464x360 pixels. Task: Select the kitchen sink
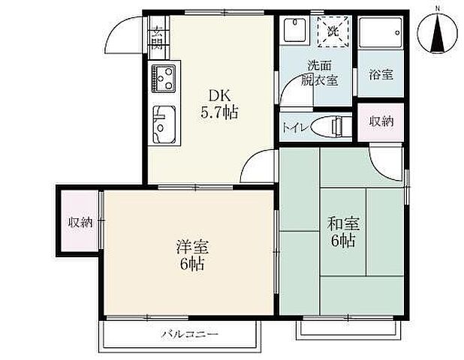[x=163, y=123]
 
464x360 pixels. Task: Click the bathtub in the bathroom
[x=381, y=33]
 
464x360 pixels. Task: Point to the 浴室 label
[x=381, y=74]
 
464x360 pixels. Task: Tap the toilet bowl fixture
[x=327, y=126]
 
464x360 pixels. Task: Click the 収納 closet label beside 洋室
[x=81, y=222]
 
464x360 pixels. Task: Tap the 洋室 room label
[x=191, y=246]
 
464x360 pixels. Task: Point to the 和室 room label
[x=343, y=224]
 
